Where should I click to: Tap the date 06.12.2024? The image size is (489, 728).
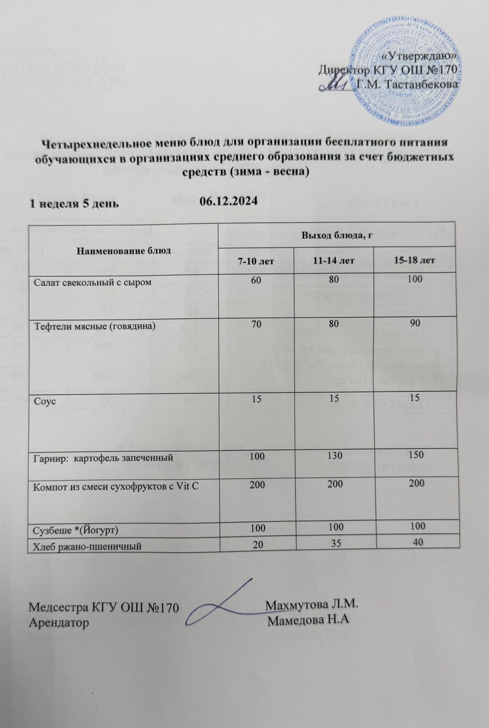(229, 201)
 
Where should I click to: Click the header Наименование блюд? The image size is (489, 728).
(123, 250)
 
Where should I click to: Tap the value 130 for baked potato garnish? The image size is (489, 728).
(335, 455)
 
